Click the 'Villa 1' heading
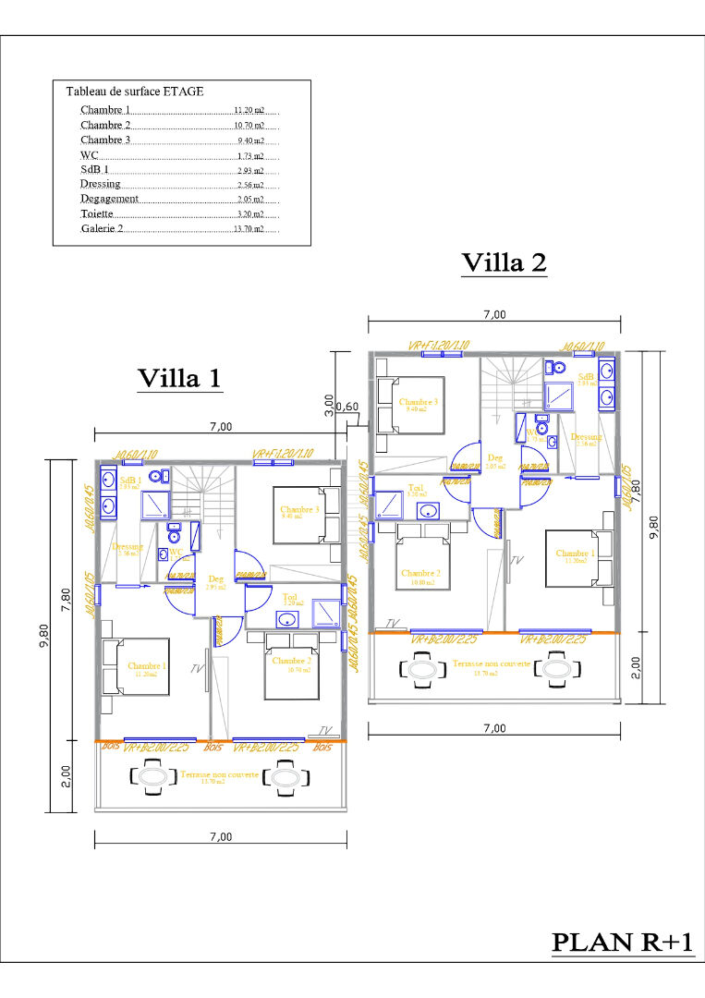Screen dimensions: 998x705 point(179,378)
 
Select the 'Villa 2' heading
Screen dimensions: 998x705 point(504,262)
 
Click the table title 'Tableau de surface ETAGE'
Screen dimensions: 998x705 point(135,91)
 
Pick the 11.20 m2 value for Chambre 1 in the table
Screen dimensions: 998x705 point(249,110)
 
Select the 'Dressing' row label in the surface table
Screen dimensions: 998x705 point(100,184)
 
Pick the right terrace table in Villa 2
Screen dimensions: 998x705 point(556,667)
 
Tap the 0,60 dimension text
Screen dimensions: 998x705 point(347,407)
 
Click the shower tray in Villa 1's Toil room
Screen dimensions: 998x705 point(326,613)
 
